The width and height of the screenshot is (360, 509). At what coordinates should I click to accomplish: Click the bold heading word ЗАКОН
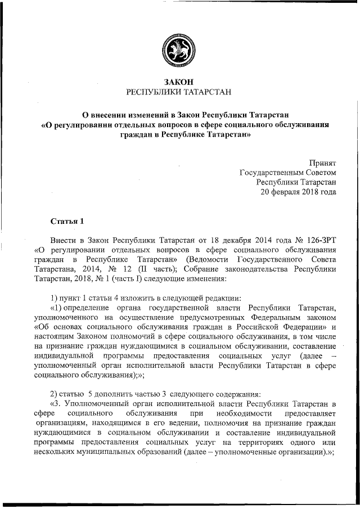click(179, 82)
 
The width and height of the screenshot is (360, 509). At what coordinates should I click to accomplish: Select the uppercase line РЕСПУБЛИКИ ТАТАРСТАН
click(179, 92)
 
